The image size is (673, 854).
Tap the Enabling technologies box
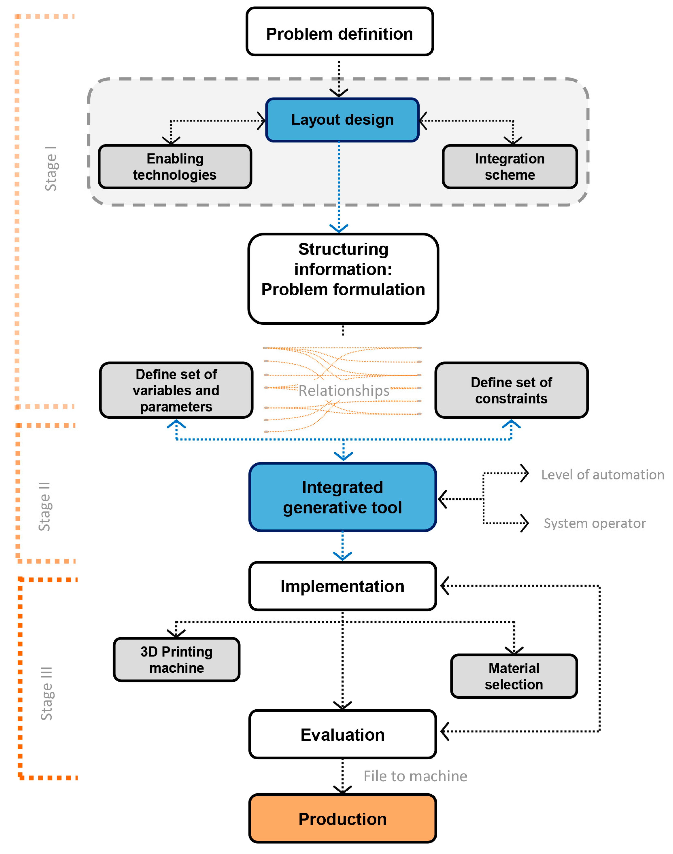tap(175, 167)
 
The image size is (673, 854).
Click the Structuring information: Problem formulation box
tap(343, 279)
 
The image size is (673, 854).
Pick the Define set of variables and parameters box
tap(176, 390)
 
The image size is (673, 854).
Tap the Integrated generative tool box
tap(342, 497)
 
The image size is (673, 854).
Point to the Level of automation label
tap(602, 475)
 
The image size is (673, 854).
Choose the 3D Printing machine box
tap(177, 659)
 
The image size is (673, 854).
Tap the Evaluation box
tap(342, 734)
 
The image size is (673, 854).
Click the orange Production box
tap(342, 819)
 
